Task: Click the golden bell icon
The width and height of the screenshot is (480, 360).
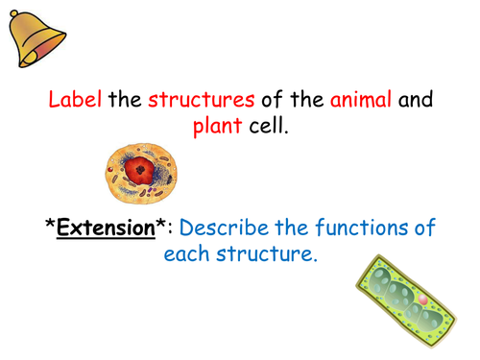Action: pyautogui.click(x=36, y=37)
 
